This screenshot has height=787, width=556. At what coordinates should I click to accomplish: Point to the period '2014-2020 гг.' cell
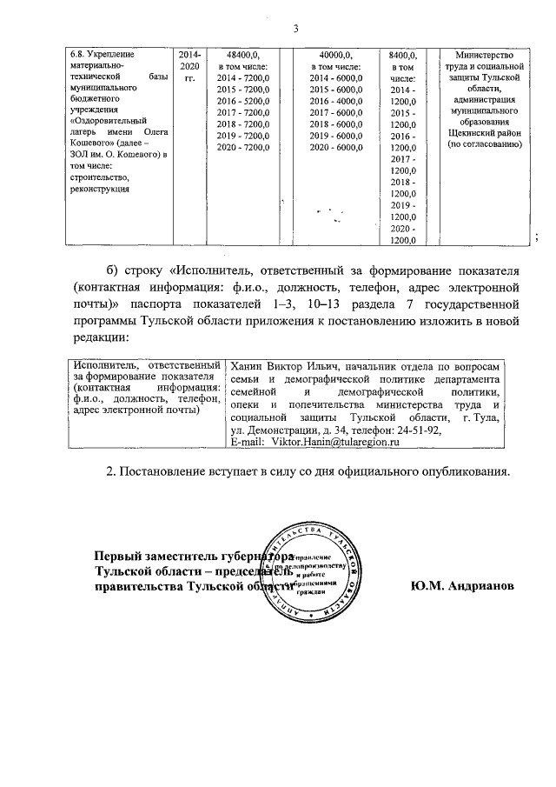189,65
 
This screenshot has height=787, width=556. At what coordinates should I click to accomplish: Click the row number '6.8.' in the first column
77,53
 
